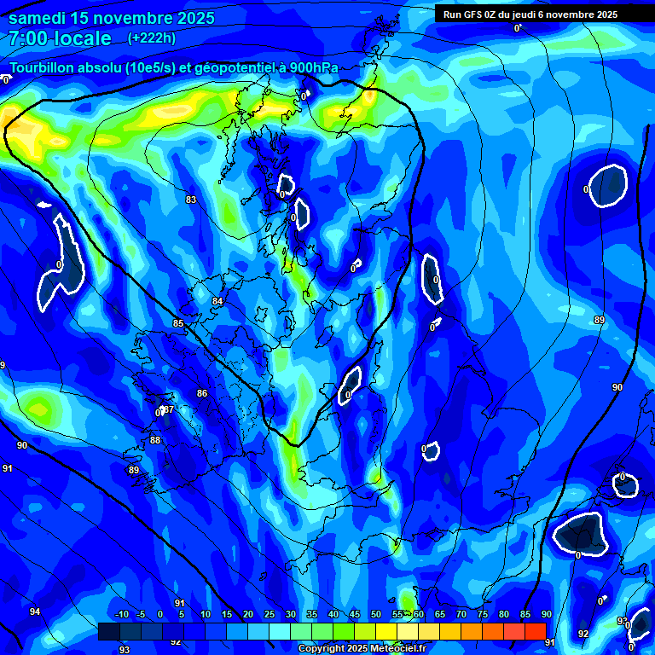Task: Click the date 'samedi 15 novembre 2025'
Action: pos(112,18)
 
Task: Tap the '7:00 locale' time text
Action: pos(60,38)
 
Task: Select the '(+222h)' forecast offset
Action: pos(152,38)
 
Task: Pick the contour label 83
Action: pos(191,200)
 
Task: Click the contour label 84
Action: pos(217,301)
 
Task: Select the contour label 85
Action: pos(178,323)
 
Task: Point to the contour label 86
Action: pos(202,393)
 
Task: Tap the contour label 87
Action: pos(168,410)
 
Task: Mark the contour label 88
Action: pos(155,440)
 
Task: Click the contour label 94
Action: pos(35,612)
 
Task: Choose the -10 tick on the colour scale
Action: pos(122,615)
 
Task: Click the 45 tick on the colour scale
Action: pos(355,615)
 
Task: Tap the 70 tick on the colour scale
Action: pos(461,615)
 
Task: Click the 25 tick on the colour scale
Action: pos(270,615)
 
